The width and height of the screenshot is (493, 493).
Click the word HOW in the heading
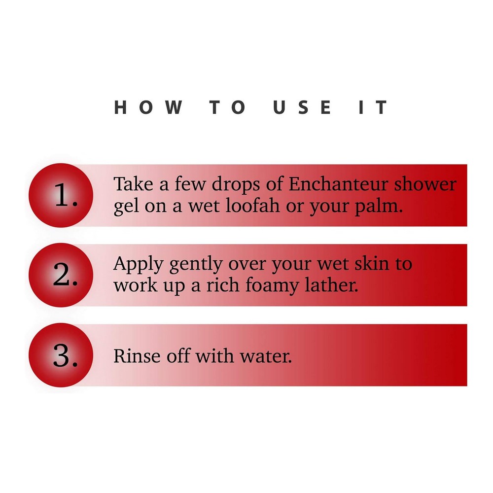pyautogui.click(x=148, y=107)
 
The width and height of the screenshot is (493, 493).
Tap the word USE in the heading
pyautogui.click(x=302, y=107)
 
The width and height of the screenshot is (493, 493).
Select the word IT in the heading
pyautogui.click(x=373, y=107)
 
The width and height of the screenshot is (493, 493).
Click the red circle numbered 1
pyautogui.click(x=61, y=195)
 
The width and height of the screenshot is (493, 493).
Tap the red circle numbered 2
pyautogui.click(x=61, y=275)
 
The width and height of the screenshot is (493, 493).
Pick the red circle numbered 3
pyautogui.click(x=61, y=355)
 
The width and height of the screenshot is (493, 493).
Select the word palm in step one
pyautogui.click(x=379, y=207)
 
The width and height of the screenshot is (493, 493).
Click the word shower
pyautogui.click(x=425, y=184)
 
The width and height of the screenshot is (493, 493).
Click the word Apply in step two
pyautogui.click(x=138, y=265)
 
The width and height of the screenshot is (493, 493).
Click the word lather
pyautogui.click(x=332, y=285)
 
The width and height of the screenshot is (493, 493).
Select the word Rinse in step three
pyautogui.click(x=137, y=356)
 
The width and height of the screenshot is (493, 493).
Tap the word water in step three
pyautogui.click(x=266, y=356)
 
